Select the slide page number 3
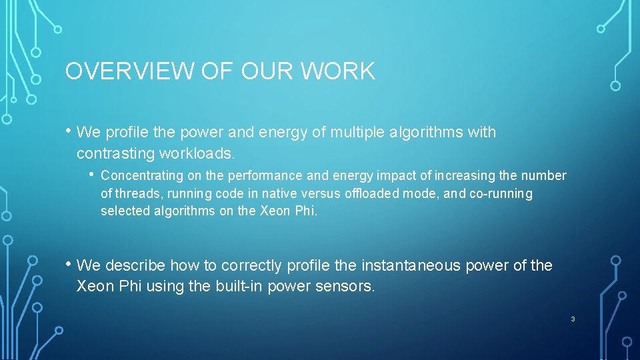(x=573, y=319)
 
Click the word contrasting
(x=115, y=153)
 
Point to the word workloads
(x=197, y=153)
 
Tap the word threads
(x=135, y=194)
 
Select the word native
(x=279, y=194)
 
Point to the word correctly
(x=251, y=265)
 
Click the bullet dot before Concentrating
(x=92, y=175)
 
